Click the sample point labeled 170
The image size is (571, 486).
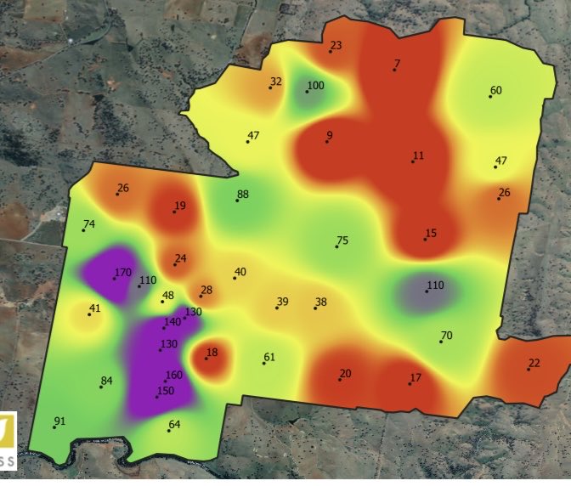[x=122, y=274]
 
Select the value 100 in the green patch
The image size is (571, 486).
[x=315, y=86]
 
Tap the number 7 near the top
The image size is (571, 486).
[x=397, y=64]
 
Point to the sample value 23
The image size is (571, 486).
[x=336, y=46]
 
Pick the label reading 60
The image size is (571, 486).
[x=495, y=91]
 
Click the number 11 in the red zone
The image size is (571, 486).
[x=417, y=156]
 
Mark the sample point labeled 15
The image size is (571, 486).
[x=431, y=234]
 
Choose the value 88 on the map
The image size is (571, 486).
[x=242, y=195]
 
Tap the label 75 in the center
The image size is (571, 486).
[x=342, y=241]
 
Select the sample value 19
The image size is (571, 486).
[x=179, y=206]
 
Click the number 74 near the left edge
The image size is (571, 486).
[x=88, y=224]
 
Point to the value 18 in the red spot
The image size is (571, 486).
[x=212, y=353]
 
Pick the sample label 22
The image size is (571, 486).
[x=534, y=364]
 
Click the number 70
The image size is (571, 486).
[x=446, y=336]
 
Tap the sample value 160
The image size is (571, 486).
[x=173, y=376]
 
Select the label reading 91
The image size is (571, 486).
[x=59, y=421]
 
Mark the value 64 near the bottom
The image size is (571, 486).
[x=174, y=425]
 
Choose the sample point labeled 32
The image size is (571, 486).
[x=275, y=82]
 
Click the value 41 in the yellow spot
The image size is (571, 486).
[x=94, y=308]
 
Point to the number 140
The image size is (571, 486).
[x=172, y=322]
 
